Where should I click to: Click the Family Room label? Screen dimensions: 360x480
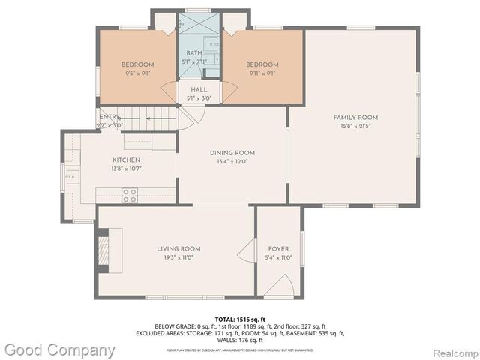(x=355, y=118)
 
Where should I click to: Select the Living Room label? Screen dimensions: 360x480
(x=178, y=248)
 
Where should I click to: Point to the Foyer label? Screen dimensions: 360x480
(x=278, y=249)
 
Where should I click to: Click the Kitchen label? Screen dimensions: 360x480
(x=126, y=160)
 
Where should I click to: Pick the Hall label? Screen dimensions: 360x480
(x=199, y=89)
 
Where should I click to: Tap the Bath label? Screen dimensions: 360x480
(x=194, y=53)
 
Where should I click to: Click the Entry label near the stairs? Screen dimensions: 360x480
(x=109, y=117)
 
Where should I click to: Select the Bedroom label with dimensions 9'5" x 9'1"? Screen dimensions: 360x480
(x=138, y=64)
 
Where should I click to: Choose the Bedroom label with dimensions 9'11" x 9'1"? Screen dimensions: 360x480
(x=262, y=64)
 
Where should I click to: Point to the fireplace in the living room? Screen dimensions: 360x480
(x=104, y=247)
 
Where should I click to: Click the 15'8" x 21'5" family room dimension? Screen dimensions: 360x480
(x=355, y=126)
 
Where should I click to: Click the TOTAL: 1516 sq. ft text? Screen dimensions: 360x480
(x=239, y=319)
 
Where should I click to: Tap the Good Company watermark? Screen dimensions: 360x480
(x=59, y=349)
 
